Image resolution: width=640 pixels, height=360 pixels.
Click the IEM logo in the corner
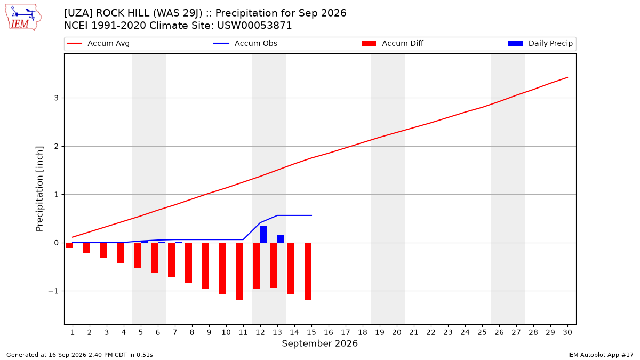pos(23,17)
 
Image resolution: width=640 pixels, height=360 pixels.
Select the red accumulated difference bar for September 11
pos(239,271)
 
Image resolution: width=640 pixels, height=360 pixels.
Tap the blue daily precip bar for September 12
pos(263,234)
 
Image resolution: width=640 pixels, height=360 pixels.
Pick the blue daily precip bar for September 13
pos(281,239)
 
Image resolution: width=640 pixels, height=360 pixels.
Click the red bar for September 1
pos(69,245)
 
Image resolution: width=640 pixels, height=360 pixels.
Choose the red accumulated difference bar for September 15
pos(308,271)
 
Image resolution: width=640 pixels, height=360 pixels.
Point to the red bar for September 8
pos(189,263)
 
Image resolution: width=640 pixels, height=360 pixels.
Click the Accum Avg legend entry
pos(98,43)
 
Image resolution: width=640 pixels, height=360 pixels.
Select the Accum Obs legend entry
pos(245,43)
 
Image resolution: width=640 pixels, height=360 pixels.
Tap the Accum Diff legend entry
pos(393,43)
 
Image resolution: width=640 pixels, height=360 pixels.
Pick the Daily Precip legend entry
pos(540,43)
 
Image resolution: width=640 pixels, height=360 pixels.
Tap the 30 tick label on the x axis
pos(567,332)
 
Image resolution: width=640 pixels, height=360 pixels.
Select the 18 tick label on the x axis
pos(363,332)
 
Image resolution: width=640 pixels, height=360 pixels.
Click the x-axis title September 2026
pos(319,343)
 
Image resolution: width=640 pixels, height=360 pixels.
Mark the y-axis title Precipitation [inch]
pos(39,189)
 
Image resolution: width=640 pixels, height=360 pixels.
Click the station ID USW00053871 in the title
pos(254,26)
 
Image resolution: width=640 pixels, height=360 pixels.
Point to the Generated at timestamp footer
pos(79,355)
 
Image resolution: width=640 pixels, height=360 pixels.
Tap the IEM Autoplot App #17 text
pos(601,355)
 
